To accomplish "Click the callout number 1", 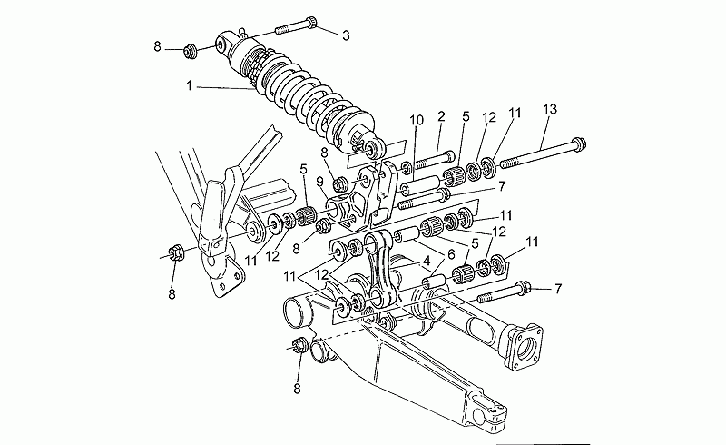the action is pyautogui.click(x=189, y=85).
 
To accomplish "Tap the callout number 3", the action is pyautogui.click(x=346, y=35).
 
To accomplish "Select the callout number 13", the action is pyautogui.click(x=550, y=109).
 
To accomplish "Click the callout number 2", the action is pyautogui.click(x=441, y=116).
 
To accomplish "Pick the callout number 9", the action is pyautogui.click(x=320, y=183).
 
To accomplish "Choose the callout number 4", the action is pyautogui.click(x=426, y=261).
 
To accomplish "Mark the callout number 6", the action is pyautogui.click(x=450, y=254).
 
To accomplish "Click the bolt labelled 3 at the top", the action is pyautogui.click(x=296, y=26).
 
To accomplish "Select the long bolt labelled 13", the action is pyautogui.click(x=542, y=152).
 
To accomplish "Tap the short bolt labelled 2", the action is pyautogui.click(x=436, y=160).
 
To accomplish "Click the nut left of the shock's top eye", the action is pyautogui.click(x=189, y=51).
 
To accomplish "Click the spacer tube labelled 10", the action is pyautogui.click(x=419, y=184).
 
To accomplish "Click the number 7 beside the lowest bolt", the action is pyautogui.click(x=558, y=289).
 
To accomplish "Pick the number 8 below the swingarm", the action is pyautogui.click(x=298, y=389).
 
